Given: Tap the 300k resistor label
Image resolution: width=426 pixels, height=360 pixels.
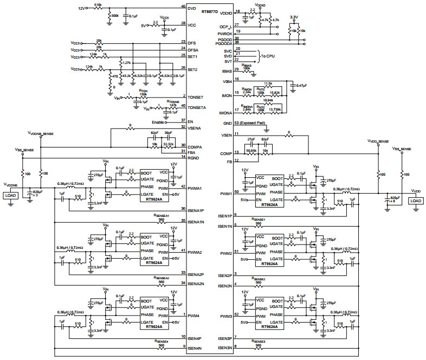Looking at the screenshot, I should (x=115, y=16).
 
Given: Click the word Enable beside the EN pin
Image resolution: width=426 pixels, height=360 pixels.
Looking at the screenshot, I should (x=158, y=122).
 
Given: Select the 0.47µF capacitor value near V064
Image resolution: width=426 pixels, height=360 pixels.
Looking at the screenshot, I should (x=301, y=86).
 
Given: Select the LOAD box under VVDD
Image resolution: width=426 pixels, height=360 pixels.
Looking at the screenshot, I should (x=416, y=201).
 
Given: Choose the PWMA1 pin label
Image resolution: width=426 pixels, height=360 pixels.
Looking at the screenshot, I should (x=196, y=189).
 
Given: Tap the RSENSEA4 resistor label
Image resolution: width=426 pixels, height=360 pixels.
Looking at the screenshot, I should (x=162, y=342).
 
